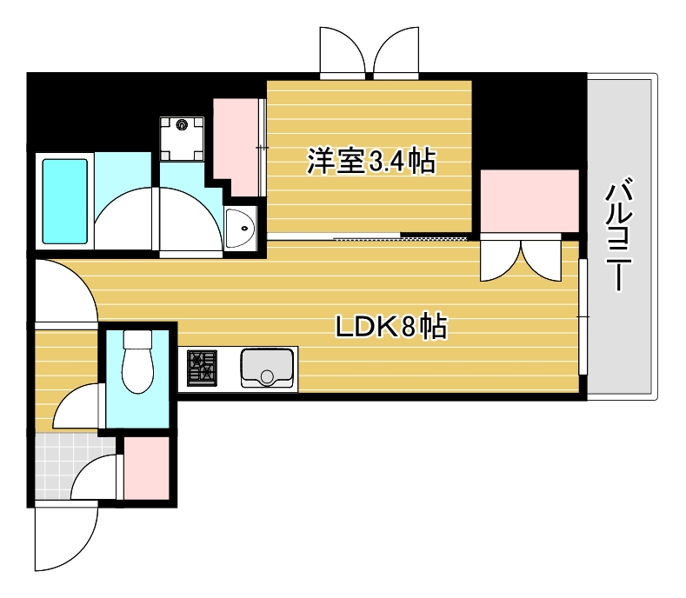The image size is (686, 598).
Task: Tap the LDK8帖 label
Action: coord(391,327)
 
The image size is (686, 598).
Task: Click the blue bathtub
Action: coord(65,201)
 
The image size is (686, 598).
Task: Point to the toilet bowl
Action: coord(137,366)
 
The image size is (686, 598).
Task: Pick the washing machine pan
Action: coord(182,136)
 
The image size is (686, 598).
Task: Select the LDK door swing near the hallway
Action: coord(65,290)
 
